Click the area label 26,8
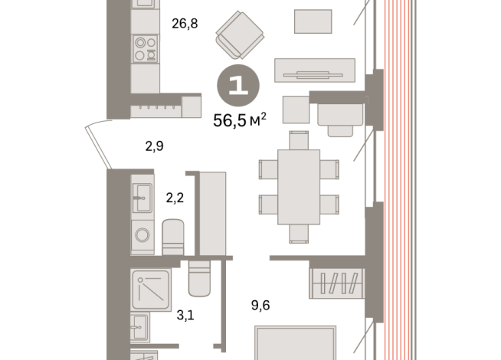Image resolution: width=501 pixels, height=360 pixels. coord(185,24)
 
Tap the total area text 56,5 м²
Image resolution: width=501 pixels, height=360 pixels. coord(240,119)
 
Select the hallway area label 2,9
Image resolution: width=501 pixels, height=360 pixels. coord(154,146)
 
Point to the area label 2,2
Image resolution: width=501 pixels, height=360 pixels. coord(175,198)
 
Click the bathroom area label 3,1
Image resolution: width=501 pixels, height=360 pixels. coord(185,316)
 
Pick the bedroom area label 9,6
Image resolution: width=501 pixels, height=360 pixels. coord(260,306)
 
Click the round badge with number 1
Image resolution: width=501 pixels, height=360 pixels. coord(238,85)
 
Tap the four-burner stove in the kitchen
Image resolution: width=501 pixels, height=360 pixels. coord(146,49)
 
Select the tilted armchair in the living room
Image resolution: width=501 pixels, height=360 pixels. coord(240,34)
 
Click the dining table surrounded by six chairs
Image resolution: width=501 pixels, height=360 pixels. coord(299,187)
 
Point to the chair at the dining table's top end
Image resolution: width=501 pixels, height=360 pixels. coord(299,140)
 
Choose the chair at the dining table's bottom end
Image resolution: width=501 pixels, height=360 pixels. coord(299,234)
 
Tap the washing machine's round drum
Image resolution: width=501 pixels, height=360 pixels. coord(142,235)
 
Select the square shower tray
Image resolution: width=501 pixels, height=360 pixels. coord(150,290)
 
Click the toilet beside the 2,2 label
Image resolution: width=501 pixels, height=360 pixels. coord(173,237)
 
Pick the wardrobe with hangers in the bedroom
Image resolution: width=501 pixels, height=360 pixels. coord(336,283)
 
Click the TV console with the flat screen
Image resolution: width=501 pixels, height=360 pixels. coord(315,70)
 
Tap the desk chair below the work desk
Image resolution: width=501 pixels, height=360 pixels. coord(340,131)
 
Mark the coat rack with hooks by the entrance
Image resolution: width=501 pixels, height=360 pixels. coord(156,110)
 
